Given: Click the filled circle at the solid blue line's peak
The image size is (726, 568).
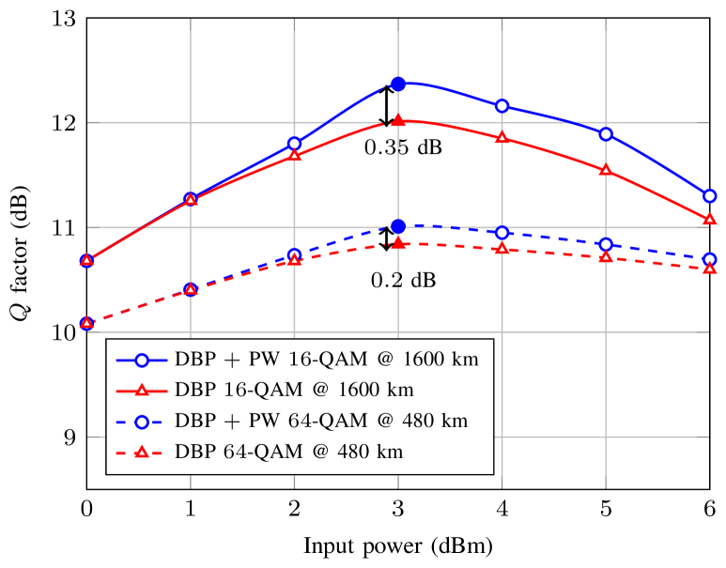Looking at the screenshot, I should (x=398, y=84).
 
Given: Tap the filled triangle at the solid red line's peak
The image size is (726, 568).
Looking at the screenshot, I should (x=398, y=120).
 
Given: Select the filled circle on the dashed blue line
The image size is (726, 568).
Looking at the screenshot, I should (x=398, y=226).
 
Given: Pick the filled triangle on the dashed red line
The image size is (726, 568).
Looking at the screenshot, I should (x=398, y=242).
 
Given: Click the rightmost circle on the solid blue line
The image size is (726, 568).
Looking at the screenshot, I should (x=710, y=196).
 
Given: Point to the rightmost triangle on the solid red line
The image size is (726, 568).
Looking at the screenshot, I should (x=710, y=219).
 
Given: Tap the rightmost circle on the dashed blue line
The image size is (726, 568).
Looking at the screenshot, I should (x=710, y=259).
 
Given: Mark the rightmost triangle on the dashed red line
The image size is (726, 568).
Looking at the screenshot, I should (x=710, y=269).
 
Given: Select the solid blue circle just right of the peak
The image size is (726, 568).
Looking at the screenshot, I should (x=502, y=106).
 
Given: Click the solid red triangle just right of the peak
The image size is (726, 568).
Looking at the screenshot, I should (x=502, y=138).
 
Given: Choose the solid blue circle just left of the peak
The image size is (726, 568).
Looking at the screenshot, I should (x=295, y=144).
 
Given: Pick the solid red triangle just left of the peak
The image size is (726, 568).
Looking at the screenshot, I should (x=295, y=155).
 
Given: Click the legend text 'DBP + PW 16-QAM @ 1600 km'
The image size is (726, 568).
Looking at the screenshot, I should (x=327, y=360).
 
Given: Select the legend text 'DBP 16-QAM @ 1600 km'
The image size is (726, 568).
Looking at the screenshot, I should (x=294, y=391).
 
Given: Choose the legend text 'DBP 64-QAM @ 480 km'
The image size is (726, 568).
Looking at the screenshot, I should (x=288, y=453).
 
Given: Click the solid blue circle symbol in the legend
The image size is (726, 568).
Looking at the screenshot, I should (x=141, y=360).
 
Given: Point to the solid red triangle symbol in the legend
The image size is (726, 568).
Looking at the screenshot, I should (x=141, y=391).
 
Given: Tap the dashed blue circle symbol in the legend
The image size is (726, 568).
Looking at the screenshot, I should (x=141, y=422).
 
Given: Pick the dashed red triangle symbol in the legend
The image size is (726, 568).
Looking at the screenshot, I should (x=141, y=453).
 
